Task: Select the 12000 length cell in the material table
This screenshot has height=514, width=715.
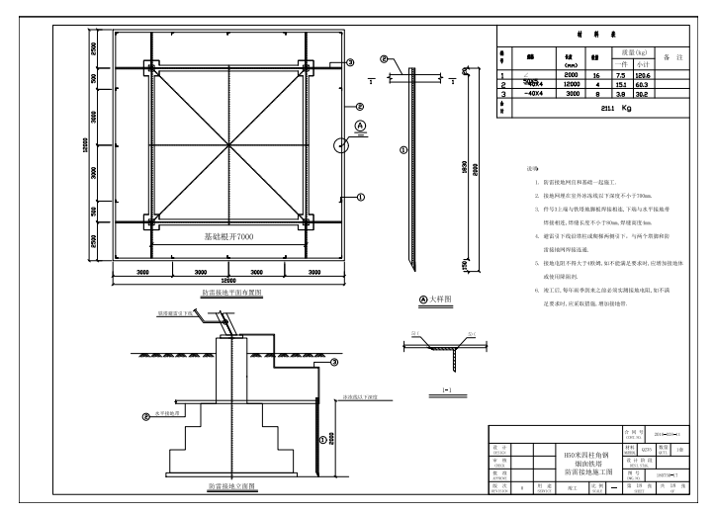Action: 570,83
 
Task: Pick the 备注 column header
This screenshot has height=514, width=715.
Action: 672,56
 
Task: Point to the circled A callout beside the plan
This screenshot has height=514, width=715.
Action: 360,126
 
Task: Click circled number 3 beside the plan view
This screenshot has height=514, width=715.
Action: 350,62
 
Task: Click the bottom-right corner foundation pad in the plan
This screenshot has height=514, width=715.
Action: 304,221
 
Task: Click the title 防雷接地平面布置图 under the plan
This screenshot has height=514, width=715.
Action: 229,294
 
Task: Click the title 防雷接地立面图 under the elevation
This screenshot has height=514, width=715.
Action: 233,486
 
